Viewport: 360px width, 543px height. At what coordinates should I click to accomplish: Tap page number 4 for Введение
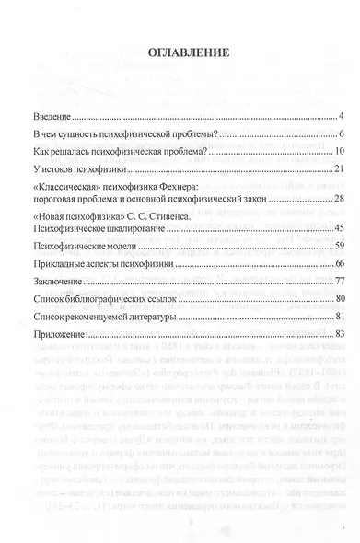340,118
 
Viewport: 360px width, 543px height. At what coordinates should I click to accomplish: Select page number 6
340,135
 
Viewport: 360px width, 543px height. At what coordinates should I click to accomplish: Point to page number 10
338,152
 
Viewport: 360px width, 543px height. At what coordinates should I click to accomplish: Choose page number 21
338,169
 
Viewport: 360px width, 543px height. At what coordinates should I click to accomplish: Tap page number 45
338,227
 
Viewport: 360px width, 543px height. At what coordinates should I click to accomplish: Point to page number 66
338,263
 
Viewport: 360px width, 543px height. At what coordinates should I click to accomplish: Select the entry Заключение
55,280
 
